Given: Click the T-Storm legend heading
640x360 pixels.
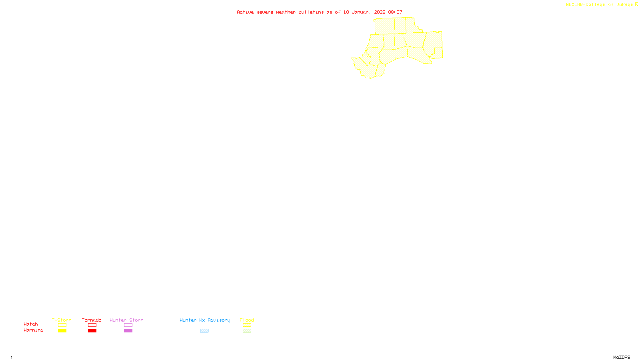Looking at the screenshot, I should (62, 320).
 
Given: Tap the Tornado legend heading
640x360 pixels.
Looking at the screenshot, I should (92, 320).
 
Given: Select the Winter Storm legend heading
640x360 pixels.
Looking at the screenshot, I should (126, 320).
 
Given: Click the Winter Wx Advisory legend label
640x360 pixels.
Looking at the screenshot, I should (205, 320).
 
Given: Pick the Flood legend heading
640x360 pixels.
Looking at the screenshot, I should (247, 320).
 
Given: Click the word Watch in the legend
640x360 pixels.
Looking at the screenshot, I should (31, 324).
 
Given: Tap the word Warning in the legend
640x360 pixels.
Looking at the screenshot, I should (34, 330).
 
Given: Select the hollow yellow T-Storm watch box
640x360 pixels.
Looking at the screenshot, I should (62, 325).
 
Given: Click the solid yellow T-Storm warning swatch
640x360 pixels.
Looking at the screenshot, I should (62, 331).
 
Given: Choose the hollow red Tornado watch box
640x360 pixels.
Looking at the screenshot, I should (92, 325).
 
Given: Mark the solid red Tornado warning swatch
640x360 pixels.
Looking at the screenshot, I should (92, 331).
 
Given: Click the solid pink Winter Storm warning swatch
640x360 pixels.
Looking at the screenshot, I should (128, 331).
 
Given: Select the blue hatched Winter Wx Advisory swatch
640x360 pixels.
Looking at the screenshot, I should (204, 331).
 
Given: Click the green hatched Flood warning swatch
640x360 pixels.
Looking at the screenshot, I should (247, 331).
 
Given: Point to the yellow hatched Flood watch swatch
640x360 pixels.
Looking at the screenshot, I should (247, 325).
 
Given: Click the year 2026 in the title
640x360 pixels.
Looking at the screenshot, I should (380, 12).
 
